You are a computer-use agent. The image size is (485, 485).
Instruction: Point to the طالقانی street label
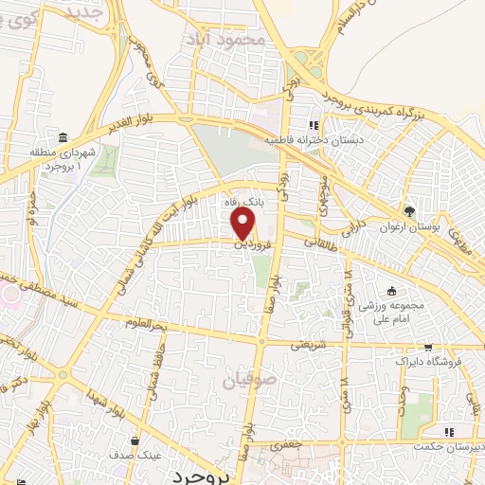point(320,242)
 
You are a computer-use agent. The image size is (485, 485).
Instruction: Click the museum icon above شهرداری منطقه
point(63,138)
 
